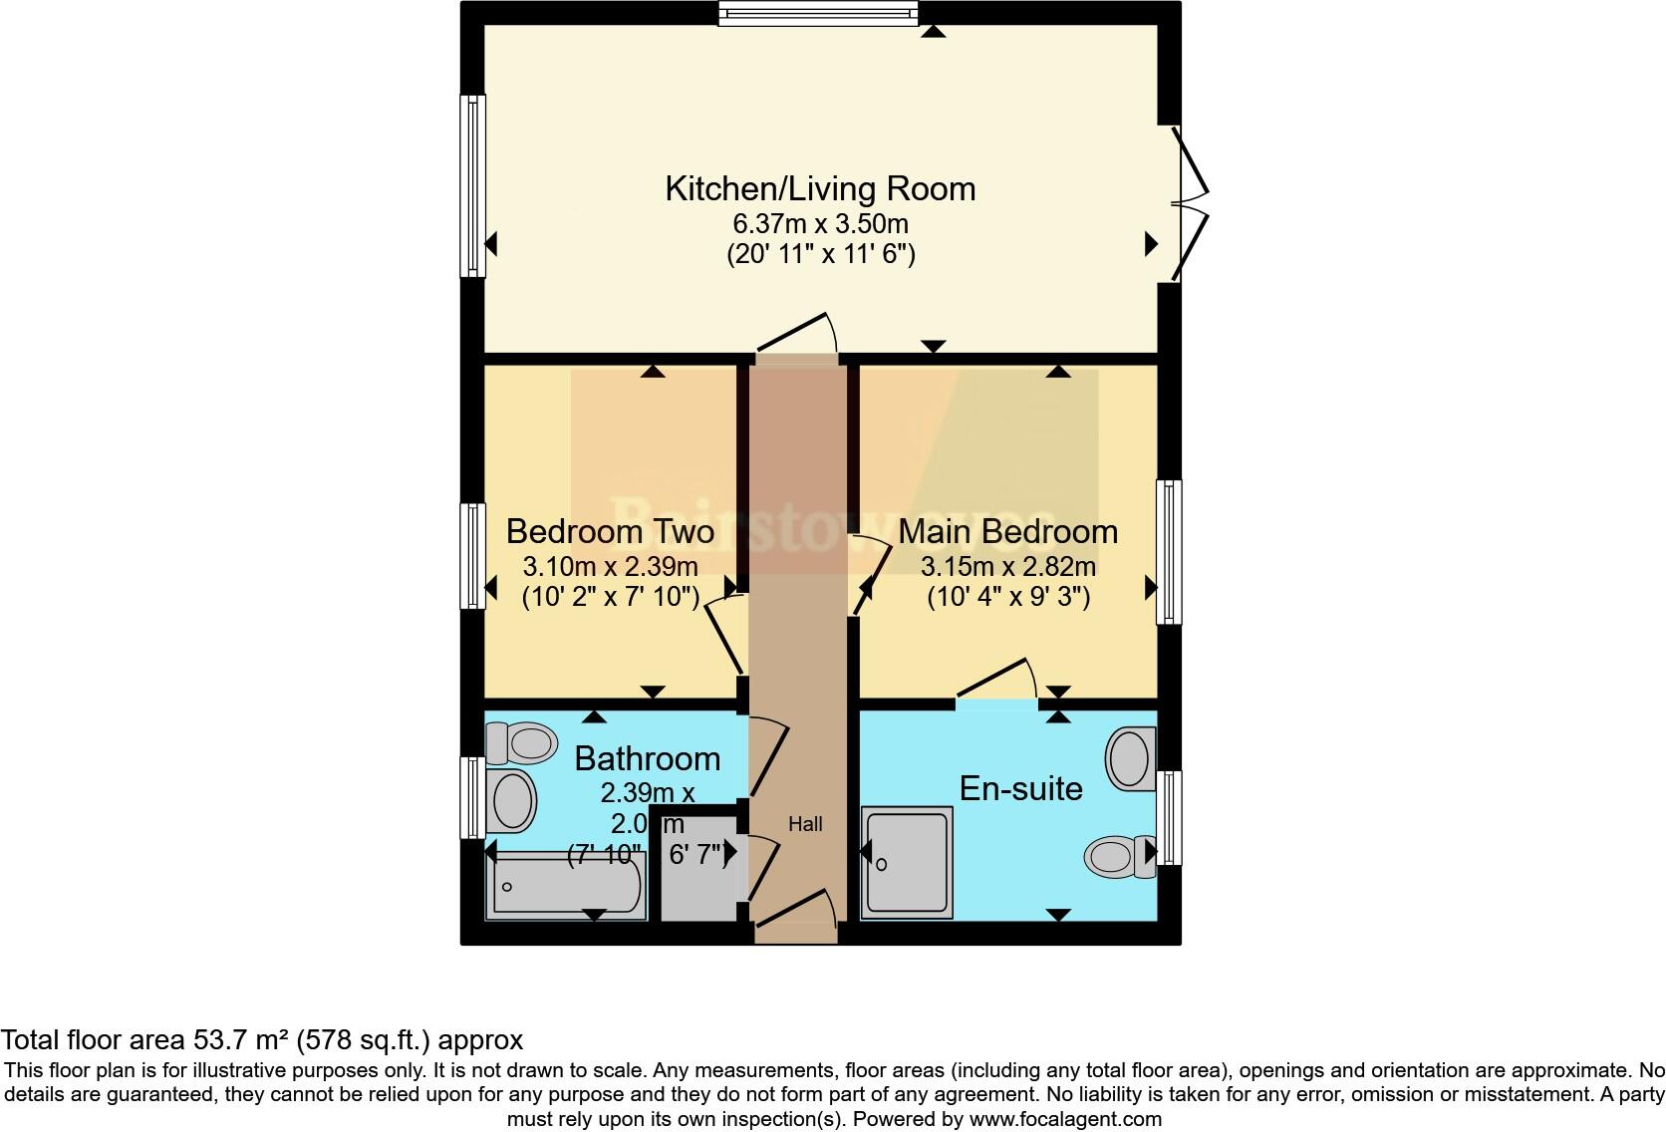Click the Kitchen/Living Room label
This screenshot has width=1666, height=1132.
click(x=820, y=188)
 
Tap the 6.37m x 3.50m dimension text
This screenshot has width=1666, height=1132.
click(x=820, y=223)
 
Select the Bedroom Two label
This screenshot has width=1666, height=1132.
click(x=610, y=531)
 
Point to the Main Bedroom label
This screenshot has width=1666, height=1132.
click(x=1007, y=531)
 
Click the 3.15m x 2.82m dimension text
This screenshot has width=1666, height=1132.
click(x=1007, y=567)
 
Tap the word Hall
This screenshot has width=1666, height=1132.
click(x=805, y=824)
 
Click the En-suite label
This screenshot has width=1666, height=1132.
click(x=1020, y=788)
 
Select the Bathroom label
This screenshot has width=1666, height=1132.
click(x=647, y=758)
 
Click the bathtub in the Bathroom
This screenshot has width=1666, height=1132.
click(x=565, y=887)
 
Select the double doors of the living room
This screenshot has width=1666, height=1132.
click(x=1190, y=204)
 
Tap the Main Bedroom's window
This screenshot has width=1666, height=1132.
click(x=1169, y=552)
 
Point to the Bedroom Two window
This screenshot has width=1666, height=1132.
click(x=471, y=555)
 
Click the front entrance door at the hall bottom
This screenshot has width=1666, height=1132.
click(x=796, y=917)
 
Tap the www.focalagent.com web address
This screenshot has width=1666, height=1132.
click(x=1064, y=1119)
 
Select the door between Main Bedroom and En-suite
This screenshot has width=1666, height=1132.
click(x=996, y=683)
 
